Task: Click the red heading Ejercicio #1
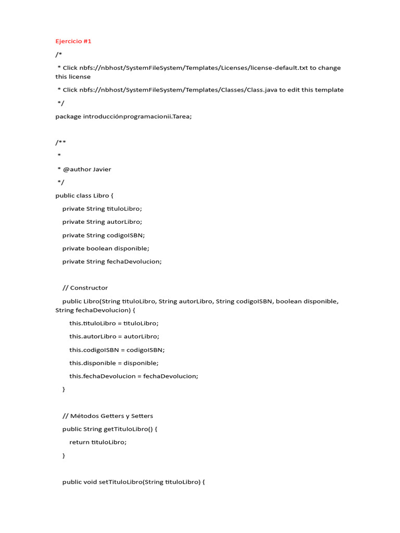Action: coord(73,41)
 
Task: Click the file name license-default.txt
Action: coord(279,68)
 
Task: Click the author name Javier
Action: coord(102,169)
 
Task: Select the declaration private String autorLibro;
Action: coord(102,222)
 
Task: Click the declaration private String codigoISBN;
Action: coord(104,235)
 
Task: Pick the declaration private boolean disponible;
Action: coord(106,248)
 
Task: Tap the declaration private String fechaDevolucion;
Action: coord(112,261)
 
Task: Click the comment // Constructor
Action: coord(85,287)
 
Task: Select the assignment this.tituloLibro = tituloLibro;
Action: coord(114,323)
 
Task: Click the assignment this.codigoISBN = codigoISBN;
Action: coord(117,350)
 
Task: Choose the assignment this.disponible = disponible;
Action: coord(114,363)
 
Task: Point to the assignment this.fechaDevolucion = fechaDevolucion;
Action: coord(134,376)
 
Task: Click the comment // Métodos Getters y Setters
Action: coord(108,416)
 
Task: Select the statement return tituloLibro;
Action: coord(98,442)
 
